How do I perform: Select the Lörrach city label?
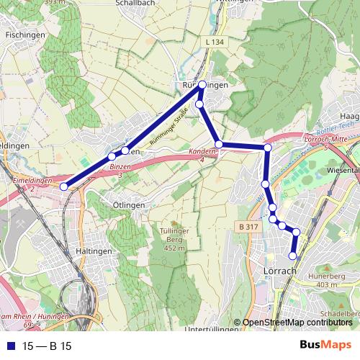click(x=276, y=271)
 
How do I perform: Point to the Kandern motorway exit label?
click(x=204, y=154)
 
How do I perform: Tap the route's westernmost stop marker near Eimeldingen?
click(x=64, y=186)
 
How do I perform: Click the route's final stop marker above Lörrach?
click(x=293, y=256)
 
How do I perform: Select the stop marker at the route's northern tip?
click(x=202, y=85)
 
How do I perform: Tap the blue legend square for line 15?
click(x=10, y=346)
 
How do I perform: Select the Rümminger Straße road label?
click(x=169, y=129)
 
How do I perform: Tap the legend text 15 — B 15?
click(x=47, y=346)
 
